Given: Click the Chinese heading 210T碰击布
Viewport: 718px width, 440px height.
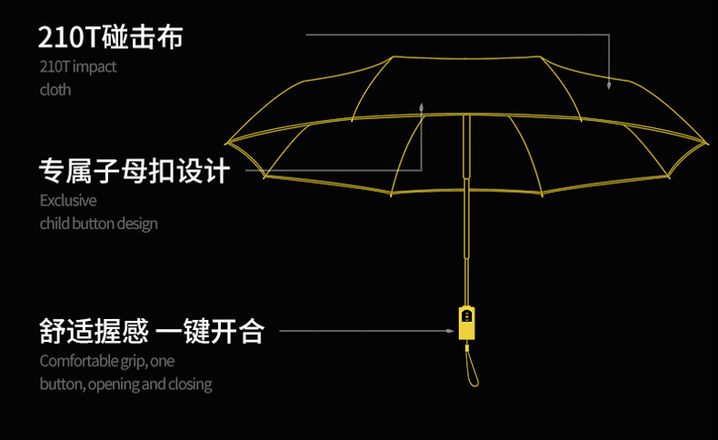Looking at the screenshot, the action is [x=110, y=37].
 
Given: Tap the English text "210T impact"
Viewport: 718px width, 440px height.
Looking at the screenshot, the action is [x=78, y=66].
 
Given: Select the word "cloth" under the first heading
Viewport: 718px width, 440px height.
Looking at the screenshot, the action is [x=55, y=89].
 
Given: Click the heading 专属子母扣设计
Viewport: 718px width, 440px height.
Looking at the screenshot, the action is [x=135, y=170].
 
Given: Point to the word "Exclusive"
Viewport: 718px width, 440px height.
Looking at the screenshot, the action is [x=68, y=200].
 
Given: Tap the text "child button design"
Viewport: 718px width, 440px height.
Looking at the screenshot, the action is [x=98, y=223].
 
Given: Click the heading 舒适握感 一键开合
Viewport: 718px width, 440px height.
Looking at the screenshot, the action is [x=151, y=331].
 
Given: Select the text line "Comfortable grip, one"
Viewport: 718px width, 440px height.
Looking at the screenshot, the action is [x=107, y=361].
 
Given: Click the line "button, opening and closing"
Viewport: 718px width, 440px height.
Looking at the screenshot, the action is [x=125, y=384].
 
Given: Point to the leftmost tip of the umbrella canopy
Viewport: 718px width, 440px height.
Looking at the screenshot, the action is [x=227, y=143].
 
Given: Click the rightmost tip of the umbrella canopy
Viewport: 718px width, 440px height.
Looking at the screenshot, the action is [x=705, y=143].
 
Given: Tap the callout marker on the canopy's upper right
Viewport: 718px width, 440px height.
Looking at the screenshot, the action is [x=609, y=85].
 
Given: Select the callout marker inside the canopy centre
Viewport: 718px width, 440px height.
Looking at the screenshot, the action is [x=422, y=107].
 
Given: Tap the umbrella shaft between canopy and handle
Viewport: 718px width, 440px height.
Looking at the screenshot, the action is [x=467, y=236].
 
